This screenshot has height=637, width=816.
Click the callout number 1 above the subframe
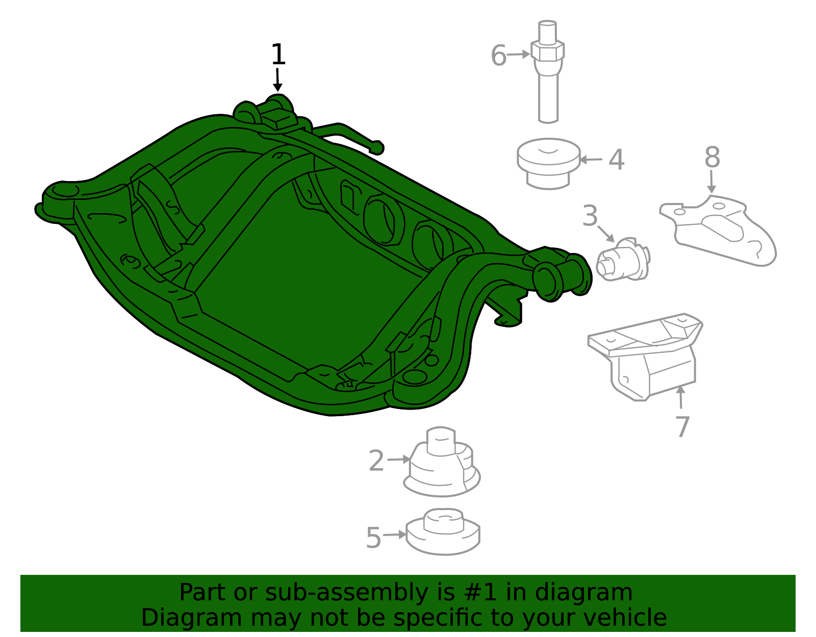tap(278, 55)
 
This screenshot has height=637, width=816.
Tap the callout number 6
tap(498, 56)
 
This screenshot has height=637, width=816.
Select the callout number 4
tap(617, 160)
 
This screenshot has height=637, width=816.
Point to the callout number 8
tap(712, 157)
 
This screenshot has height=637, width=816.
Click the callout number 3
tap(590, 216)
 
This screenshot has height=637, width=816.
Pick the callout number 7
tap(682, 426)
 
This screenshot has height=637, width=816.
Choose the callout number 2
tap(376, 461)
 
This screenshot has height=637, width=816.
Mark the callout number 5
tap(373, 538)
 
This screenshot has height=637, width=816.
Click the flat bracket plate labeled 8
tap(719, 230)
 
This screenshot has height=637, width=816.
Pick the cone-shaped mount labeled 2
tap(442, 464)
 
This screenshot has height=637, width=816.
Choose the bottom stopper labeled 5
tap(443, 533)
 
